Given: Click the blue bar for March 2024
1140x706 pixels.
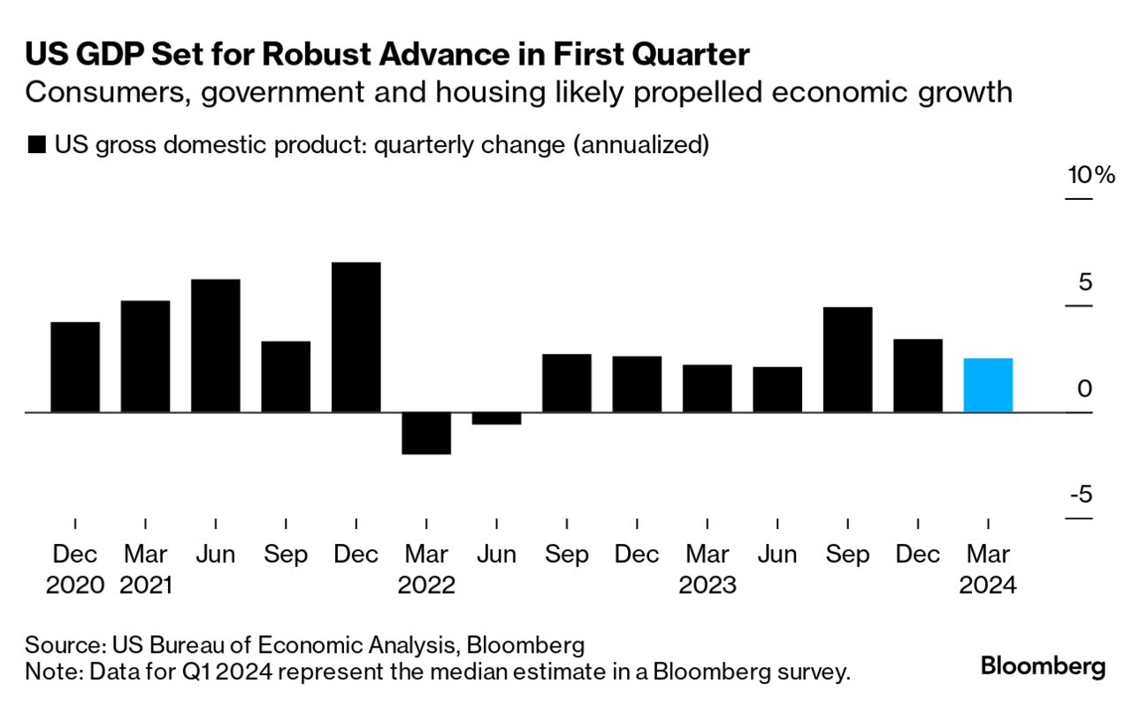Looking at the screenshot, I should point(988,385).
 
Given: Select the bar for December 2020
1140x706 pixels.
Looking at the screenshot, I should point(75,367).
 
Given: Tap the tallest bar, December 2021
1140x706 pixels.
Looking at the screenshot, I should point(356,337).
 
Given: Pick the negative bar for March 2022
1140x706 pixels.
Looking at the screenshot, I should point(426,434).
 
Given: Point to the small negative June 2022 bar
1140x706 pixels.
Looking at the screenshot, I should point(496,418).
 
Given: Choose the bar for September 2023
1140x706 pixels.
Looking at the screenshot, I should point(847,359).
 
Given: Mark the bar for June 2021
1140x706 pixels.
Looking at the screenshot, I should point(216,346).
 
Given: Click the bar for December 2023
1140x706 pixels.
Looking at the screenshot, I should point(918,375).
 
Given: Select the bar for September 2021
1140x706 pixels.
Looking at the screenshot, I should point(286,377).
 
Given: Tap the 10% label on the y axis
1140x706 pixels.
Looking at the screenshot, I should point(1091,175).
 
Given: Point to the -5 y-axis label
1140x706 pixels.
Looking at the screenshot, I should point(1081,494).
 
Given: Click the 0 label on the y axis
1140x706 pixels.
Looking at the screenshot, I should point(1085,388).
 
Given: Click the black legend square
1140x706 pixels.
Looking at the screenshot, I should point(36,145).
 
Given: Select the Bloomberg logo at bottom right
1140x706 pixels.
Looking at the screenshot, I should point(1043,666).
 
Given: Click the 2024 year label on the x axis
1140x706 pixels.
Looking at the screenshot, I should point(988,585).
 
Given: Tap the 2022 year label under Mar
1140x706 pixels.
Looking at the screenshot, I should point(426,585).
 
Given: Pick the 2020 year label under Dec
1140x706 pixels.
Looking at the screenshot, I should point(75,585).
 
